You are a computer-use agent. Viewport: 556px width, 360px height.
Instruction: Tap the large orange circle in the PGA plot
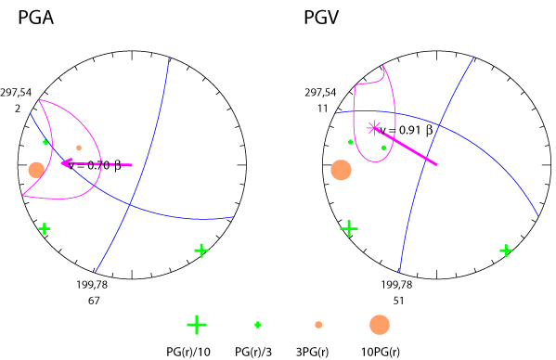[36, 170]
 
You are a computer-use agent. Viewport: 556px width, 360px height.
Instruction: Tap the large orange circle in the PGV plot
[341, 170]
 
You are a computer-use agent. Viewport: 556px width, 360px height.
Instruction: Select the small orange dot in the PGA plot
[79, 148]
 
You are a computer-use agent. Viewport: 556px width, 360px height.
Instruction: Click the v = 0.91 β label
[407, 131]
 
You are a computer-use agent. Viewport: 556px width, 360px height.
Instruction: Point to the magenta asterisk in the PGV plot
[374, 128]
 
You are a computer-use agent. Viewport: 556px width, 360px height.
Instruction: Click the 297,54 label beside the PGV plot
[320, 93]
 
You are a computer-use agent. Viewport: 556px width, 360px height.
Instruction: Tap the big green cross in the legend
[196, 324]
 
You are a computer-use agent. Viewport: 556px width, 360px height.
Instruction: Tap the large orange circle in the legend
[379, 325]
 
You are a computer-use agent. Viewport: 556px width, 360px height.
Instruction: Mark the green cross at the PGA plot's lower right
[201, 251]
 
